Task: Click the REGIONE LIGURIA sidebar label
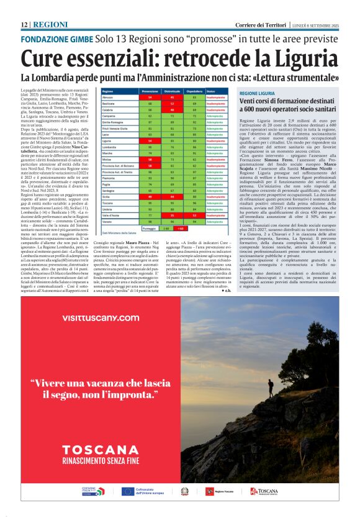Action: point(257,93)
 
